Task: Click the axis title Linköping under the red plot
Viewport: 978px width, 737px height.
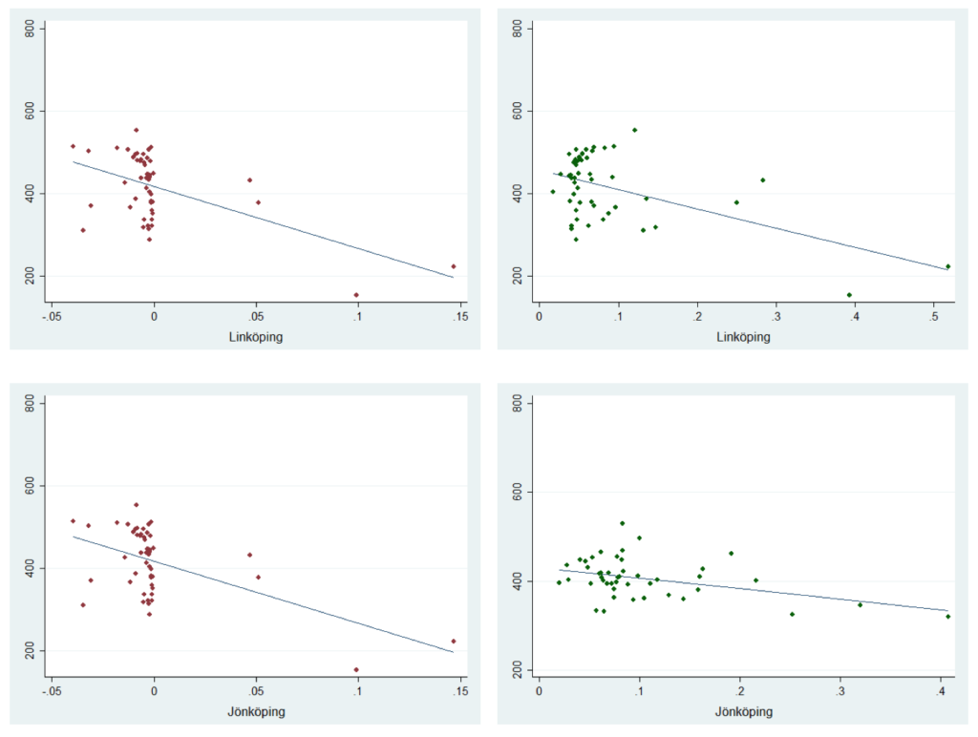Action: point(256,337)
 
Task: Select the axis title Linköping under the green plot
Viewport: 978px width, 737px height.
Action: point(744,337)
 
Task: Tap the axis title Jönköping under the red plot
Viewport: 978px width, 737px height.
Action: point(256,711)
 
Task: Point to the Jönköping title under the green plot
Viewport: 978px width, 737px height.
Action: point(744,711)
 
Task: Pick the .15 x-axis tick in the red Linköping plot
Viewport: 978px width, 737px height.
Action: point(460,315)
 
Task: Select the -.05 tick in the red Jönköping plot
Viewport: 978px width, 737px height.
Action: point(53,689)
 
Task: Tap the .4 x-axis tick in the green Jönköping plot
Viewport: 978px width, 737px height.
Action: point(941,689)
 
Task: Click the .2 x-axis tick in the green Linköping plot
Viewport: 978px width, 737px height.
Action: point(697,315)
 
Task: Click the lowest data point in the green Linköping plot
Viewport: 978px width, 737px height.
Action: point(849,295)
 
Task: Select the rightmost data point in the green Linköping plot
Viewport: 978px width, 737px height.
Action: point(947,266)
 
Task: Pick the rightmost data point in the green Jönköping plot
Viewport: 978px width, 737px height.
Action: point(947,617)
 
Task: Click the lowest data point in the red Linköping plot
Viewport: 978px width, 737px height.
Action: point(356,295)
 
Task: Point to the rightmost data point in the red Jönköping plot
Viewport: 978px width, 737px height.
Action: point(454,642)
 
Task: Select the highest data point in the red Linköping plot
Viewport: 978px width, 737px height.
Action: point(136,130)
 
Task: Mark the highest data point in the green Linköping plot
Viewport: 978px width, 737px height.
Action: point(634,130)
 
